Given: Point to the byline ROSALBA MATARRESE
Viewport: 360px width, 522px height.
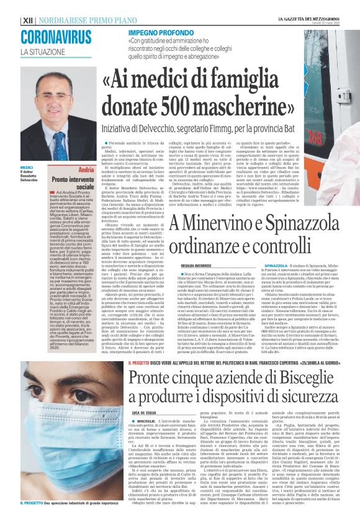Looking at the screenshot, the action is pos(196,264).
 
